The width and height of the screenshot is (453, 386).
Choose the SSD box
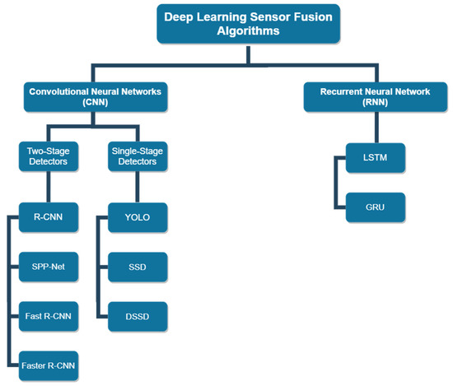(x=138, y=267)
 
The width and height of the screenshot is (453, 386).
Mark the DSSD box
(x=138, y=314)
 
